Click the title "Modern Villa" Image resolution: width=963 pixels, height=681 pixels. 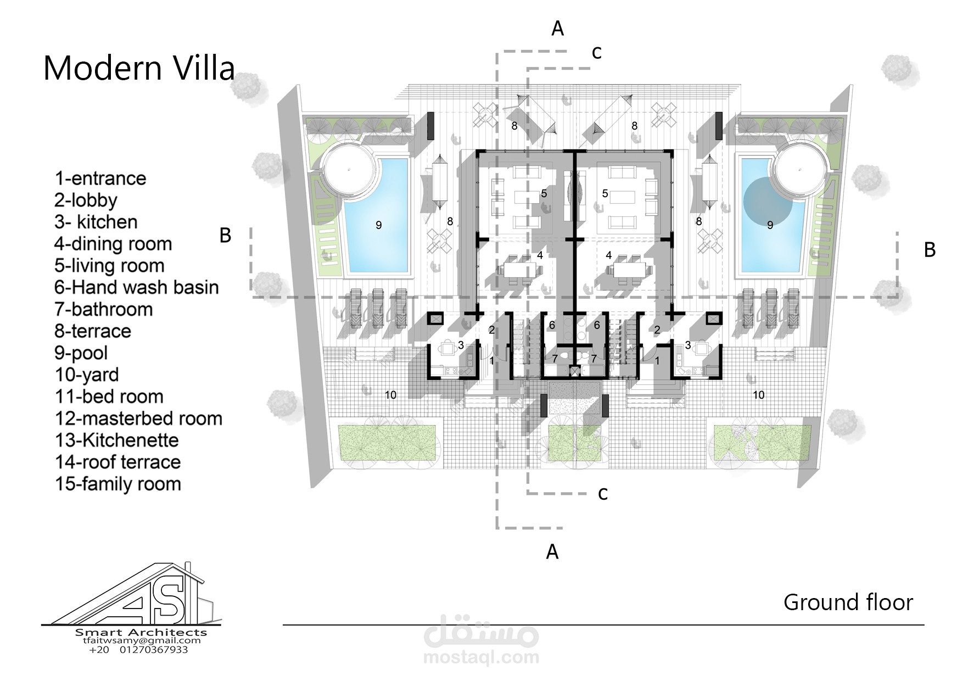point(139,68)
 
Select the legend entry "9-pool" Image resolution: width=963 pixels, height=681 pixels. point(81,353)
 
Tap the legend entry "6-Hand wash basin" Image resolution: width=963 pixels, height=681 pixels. point(136,287)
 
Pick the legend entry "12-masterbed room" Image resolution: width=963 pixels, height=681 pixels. point(138,418)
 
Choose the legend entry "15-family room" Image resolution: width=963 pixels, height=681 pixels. point(117,484)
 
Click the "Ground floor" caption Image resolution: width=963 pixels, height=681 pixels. point(848,602)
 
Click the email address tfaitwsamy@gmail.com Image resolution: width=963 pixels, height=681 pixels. point(142,640)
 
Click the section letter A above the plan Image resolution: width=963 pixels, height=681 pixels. point(557,29)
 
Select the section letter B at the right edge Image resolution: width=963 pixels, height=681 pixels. point(930,250)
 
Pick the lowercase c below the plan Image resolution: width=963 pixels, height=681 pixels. point(603,494)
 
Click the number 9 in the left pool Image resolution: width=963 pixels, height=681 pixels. point(378,225)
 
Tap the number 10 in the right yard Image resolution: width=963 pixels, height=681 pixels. point(758,395)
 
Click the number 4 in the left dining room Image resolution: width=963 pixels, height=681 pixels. point(540,255)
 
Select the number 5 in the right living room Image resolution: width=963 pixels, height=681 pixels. point(605,193)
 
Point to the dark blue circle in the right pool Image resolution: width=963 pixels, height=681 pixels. point(768,202)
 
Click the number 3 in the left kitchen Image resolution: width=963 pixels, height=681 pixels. point(461,345)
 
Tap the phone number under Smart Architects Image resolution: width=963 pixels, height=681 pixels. point(138,650)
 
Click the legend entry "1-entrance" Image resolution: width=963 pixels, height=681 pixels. point(100,178)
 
